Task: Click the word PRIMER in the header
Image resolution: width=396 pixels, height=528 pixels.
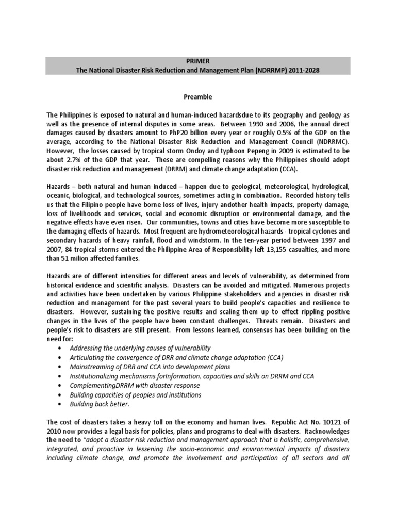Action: (x=198, y=61)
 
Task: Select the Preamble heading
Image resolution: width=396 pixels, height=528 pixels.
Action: (x=198, y=96)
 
